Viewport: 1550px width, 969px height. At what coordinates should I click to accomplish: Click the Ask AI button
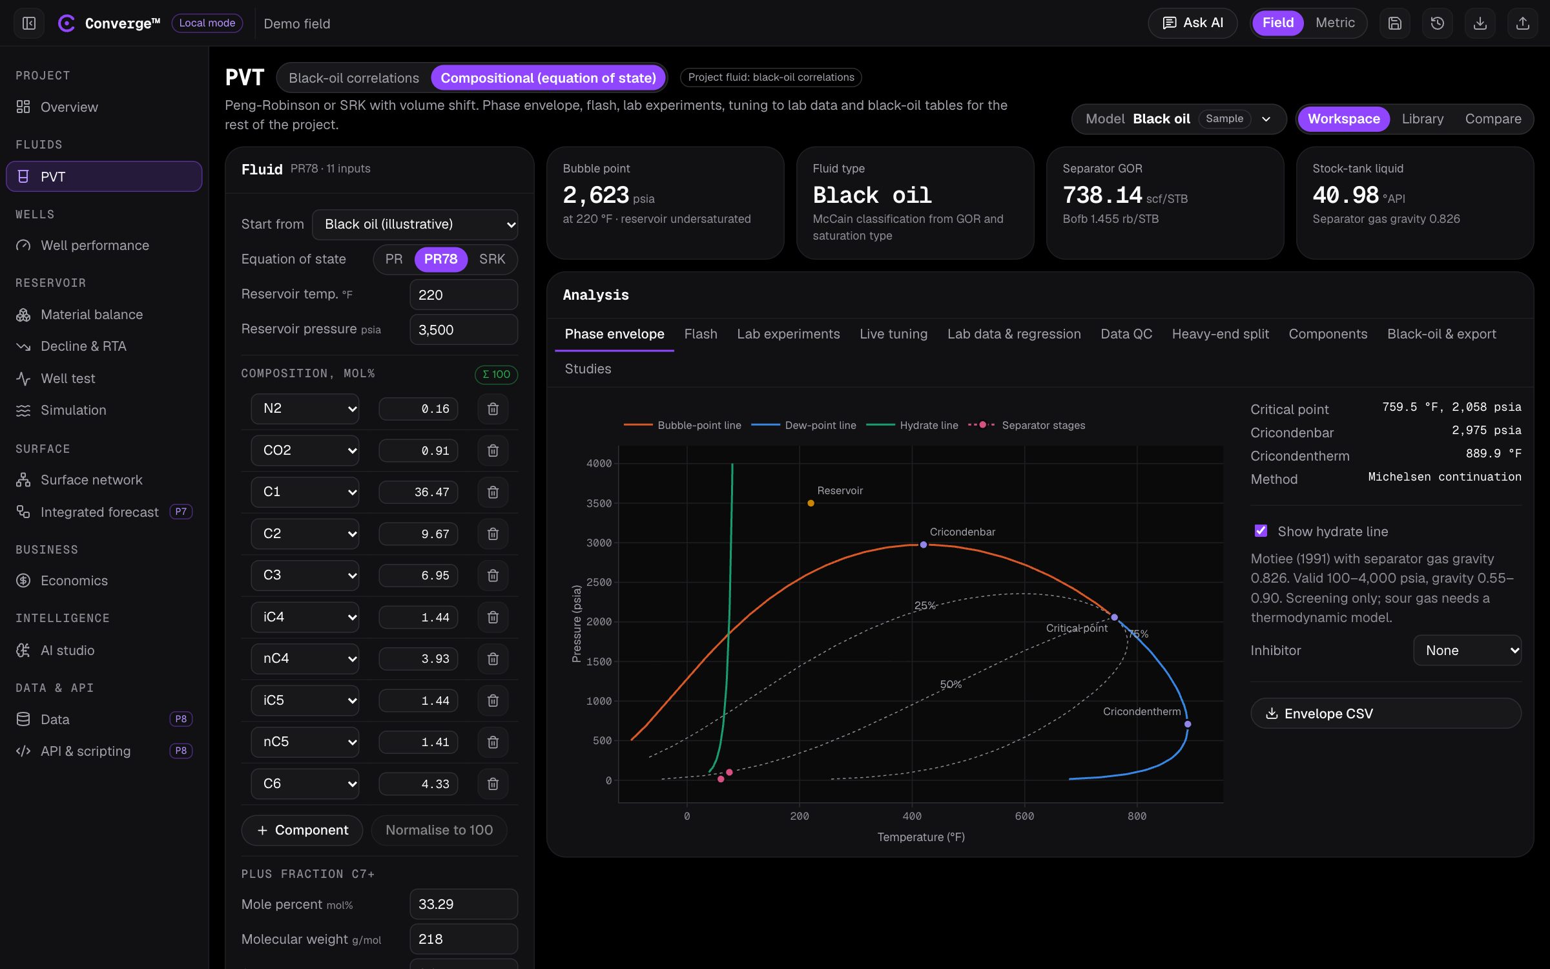(x=1192, y=23)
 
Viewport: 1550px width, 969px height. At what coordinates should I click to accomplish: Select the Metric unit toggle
(x=1335, y=23)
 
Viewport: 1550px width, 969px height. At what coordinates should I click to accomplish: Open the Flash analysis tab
(x=701, y=334)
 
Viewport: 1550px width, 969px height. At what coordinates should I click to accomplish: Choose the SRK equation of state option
(x=492, y=259)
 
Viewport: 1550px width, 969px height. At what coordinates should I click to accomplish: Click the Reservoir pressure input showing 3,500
(x=464, y=329)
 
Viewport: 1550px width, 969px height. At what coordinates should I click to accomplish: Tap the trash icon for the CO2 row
(x=493, y=450)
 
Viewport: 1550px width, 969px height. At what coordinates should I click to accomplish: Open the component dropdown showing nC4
(x=305, y=658)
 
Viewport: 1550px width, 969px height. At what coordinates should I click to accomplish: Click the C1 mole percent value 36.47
(x=418, y=492)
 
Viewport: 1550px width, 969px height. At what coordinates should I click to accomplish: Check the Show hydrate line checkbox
(x=1261, y=531)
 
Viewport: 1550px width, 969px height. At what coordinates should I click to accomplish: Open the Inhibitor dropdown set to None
(x=1467, y=651)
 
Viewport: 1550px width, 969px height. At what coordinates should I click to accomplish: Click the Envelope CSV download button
(x=1386, y=713)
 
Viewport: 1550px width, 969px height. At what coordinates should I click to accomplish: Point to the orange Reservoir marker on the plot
(x=811, y=503)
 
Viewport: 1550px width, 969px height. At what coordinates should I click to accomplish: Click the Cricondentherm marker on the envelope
(x=1188, y=724)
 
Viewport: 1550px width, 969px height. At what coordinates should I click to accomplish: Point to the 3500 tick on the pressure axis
(x=599, y=503)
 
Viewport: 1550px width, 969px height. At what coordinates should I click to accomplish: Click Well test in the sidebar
(x=68, y=379)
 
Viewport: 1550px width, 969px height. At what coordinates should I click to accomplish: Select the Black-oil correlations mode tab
(x=354, y=78)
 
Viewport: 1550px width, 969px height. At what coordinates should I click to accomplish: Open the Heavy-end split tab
(x=1220, y=334)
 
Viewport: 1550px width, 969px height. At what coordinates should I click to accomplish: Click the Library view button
(x=1422, y=119)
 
